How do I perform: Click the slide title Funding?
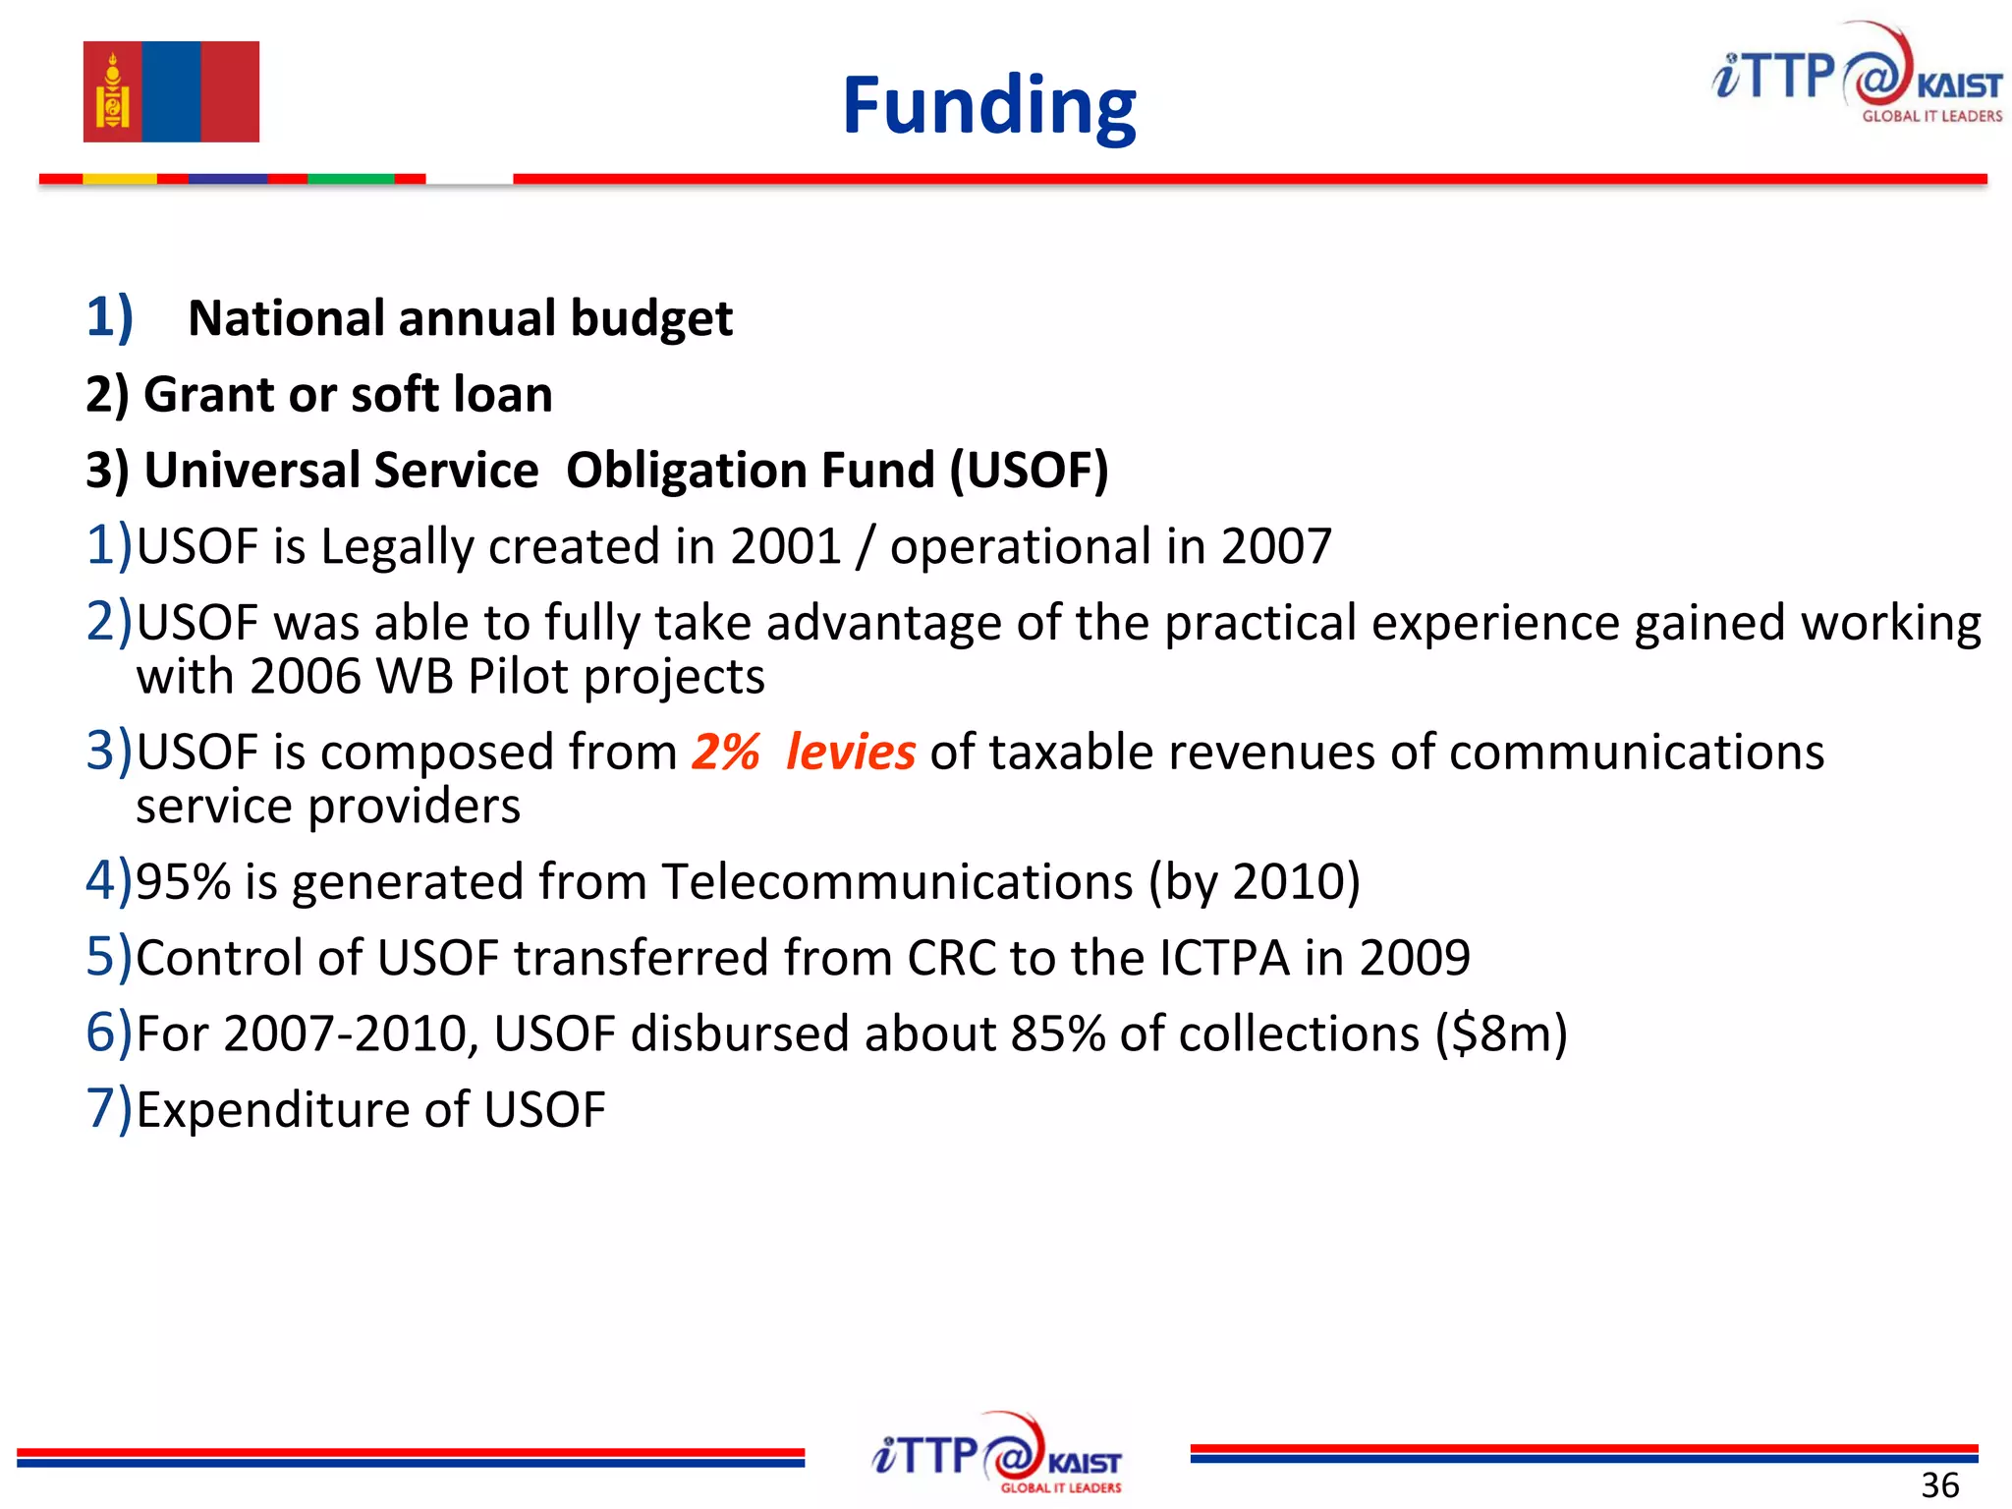click(988, 106)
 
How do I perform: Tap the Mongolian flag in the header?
click(171, 91)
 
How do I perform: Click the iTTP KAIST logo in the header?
click(1856, 75)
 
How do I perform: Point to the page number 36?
click(1939, 1484)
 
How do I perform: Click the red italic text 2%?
click(726, 753)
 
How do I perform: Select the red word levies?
click(851, 753)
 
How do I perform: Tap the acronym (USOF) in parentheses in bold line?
click(1029, 470)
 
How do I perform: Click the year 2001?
click(786, 546)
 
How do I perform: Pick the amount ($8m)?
click(1500, 1034)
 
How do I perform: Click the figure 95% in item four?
click(183, 881)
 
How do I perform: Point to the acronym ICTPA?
click(1224, 958)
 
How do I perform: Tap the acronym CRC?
click(951, 958)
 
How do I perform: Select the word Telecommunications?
click(897, 881)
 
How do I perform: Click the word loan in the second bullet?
click(502, 395)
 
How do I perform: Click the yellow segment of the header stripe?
click(119, 179)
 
